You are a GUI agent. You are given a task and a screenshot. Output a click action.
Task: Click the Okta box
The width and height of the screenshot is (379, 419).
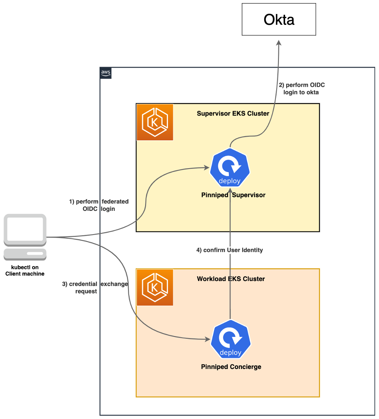click(x=279, y=19)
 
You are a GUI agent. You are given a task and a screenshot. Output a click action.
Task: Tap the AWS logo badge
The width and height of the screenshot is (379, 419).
click(x=106, y=73)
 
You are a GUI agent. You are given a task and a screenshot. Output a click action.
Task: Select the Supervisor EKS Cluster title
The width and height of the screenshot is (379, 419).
click(x=233, y=114)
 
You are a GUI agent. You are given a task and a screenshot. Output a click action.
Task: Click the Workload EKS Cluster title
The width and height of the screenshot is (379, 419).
click(x=231, y=279)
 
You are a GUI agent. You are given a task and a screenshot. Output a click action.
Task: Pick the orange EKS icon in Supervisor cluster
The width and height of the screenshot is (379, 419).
click(x=155, y=122)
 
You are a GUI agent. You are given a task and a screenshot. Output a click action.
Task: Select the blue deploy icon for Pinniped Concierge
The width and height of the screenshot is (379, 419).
click(x=231, y=340)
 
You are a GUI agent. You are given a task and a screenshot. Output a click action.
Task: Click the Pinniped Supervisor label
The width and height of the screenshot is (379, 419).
click(x=233, y=195)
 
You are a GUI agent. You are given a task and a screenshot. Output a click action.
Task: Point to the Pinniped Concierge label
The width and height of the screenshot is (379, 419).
click(x=231, y=367)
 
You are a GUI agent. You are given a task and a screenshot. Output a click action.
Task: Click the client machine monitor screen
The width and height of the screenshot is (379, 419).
click(x=25, y=229)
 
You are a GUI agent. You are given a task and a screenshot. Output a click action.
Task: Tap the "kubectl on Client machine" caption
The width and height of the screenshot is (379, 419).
click(x=25, y=271)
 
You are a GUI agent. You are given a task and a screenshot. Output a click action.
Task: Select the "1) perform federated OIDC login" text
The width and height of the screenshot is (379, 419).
click(x=99, y=205)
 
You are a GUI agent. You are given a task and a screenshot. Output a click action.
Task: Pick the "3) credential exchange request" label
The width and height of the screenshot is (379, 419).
click(x=95, y=287)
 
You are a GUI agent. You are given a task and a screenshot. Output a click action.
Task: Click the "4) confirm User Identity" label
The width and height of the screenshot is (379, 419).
click(x=229, y=250)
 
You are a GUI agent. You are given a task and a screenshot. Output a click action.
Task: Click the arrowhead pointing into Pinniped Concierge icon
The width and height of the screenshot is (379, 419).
click(x=207, y=340)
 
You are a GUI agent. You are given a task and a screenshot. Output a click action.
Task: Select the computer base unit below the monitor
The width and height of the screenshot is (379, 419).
click(x=25, y=254)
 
